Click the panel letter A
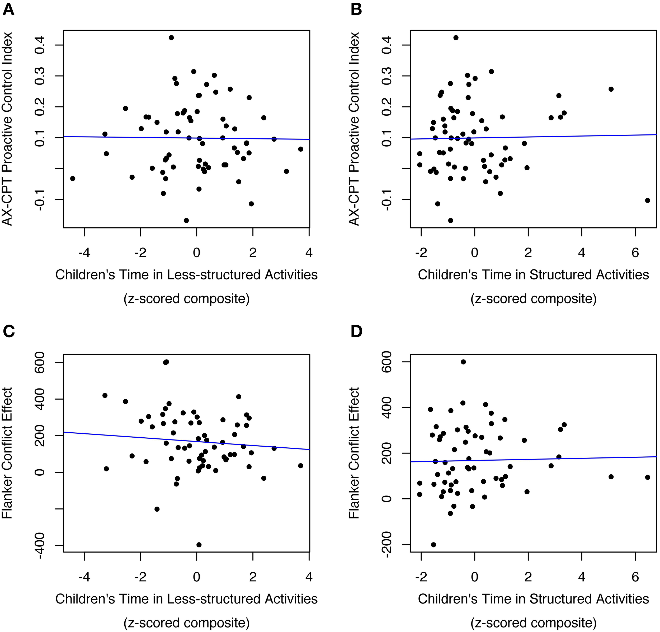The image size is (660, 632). [8, 10]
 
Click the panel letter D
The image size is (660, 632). [356, 332]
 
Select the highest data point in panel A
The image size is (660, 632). [171, 38]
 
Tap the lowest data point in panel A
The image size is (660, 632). [186, 220]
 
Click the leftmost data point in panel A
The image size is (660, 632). [72, 178]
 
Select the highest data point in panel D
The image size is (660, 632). [463, 362]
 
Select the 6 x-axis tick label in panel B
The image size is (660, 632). [635, 253]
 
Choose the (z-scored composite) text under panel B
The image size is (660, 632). [533, 299]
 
